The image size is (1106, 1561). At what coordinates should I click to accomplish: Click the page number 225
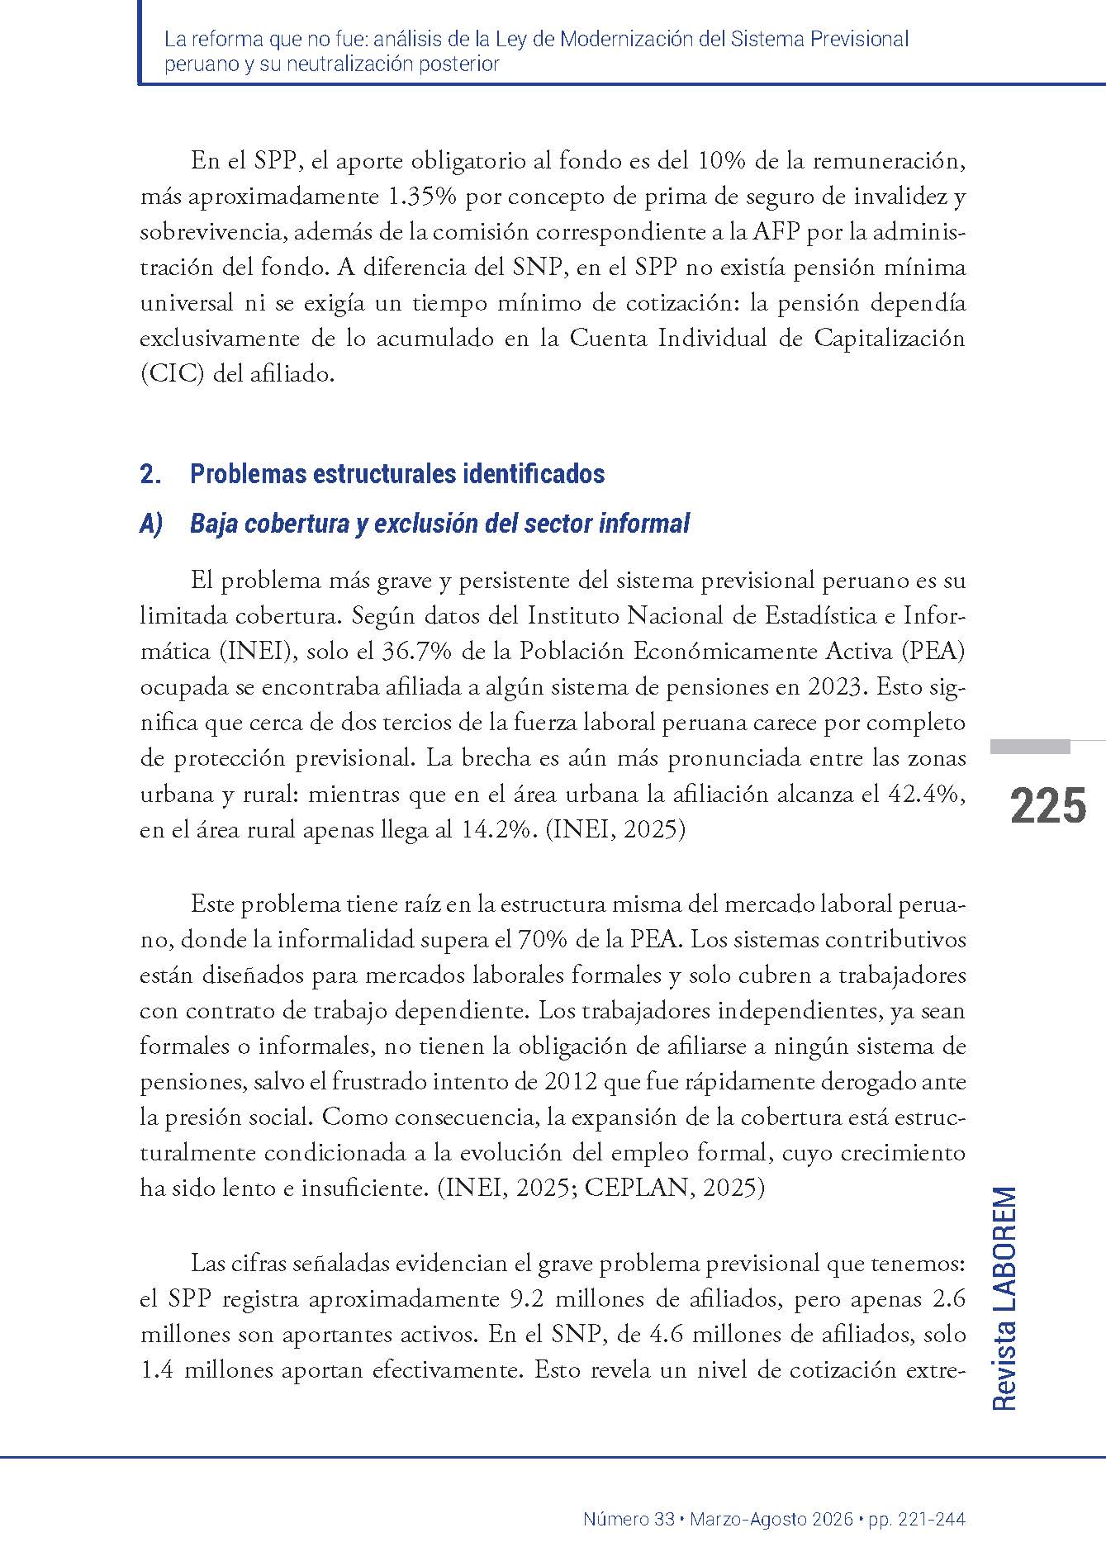point(1047,806)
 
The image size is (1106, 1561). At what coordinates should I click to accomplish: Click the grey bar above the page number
point(1030,747)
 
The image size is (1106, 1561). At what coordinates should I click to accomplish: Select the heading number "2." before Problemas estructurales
point(150,475)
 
